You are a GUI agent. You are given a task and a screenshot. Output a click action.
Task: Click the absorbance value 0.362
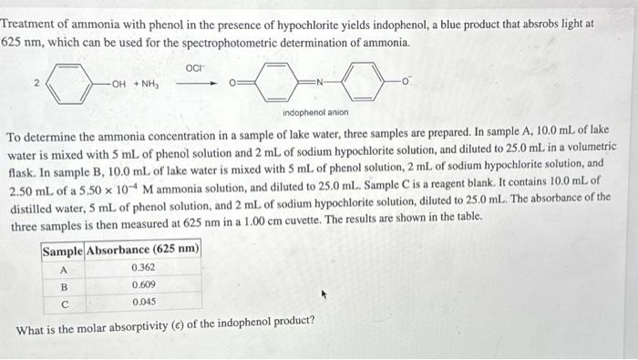pos(142,268)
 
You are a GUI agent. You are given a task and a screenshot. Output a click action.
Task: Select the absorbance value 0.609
pos(142,284)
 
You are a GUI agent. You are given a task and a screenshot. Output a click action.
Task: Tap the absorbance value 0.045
pos(142,301)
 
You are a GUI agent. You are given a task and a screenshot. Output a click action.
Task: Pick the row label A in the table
pos(63,268)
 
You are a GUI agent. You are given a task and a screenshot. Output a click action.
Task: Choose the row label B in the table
pos(63,284)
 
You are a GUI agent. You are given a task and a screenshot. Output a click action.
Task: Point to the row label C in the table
pos(63,301)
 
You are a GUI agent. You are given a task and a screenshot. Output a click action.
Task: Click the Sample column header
pos(63,250)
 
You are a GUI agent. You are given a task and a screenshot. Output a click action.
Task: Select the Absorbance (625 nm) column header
pos(142,250)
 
